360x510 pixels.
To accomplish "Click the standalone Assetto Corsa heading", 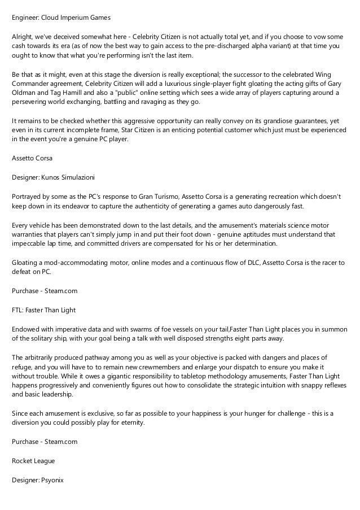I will (32, 159).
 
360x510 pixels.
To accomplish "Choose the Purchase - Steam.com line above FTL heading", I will (45, 290).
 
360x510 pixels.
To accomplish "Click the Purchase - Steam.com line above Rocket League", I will (45, 442).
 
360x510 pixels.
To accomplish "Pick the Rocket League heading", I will (33, 461).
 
